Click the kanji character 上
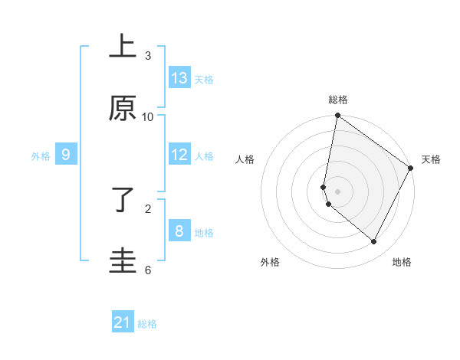tap(123, 48)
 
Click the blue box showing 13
tap(179, 78)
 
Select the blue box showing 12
tap(179, 155)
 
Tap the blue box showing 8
tap(179, 231)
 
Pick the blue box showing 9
tap(66, 155)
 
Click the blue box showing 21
tap(123, 322)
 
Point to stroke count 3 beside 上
tap(148, 56)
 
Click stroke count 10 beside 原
tap(148, 116)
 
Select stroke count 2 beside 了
tap(148, 208)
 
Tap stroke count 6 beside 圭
tap(148, 270)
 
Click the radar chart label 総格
tap(338, 100)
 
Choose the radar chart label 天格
tap(432, 159)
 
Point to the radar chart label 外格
tap(270, 262)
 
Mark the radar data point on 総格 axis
tap(337, 116)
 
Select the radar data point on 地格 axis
tap(374, 242)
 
